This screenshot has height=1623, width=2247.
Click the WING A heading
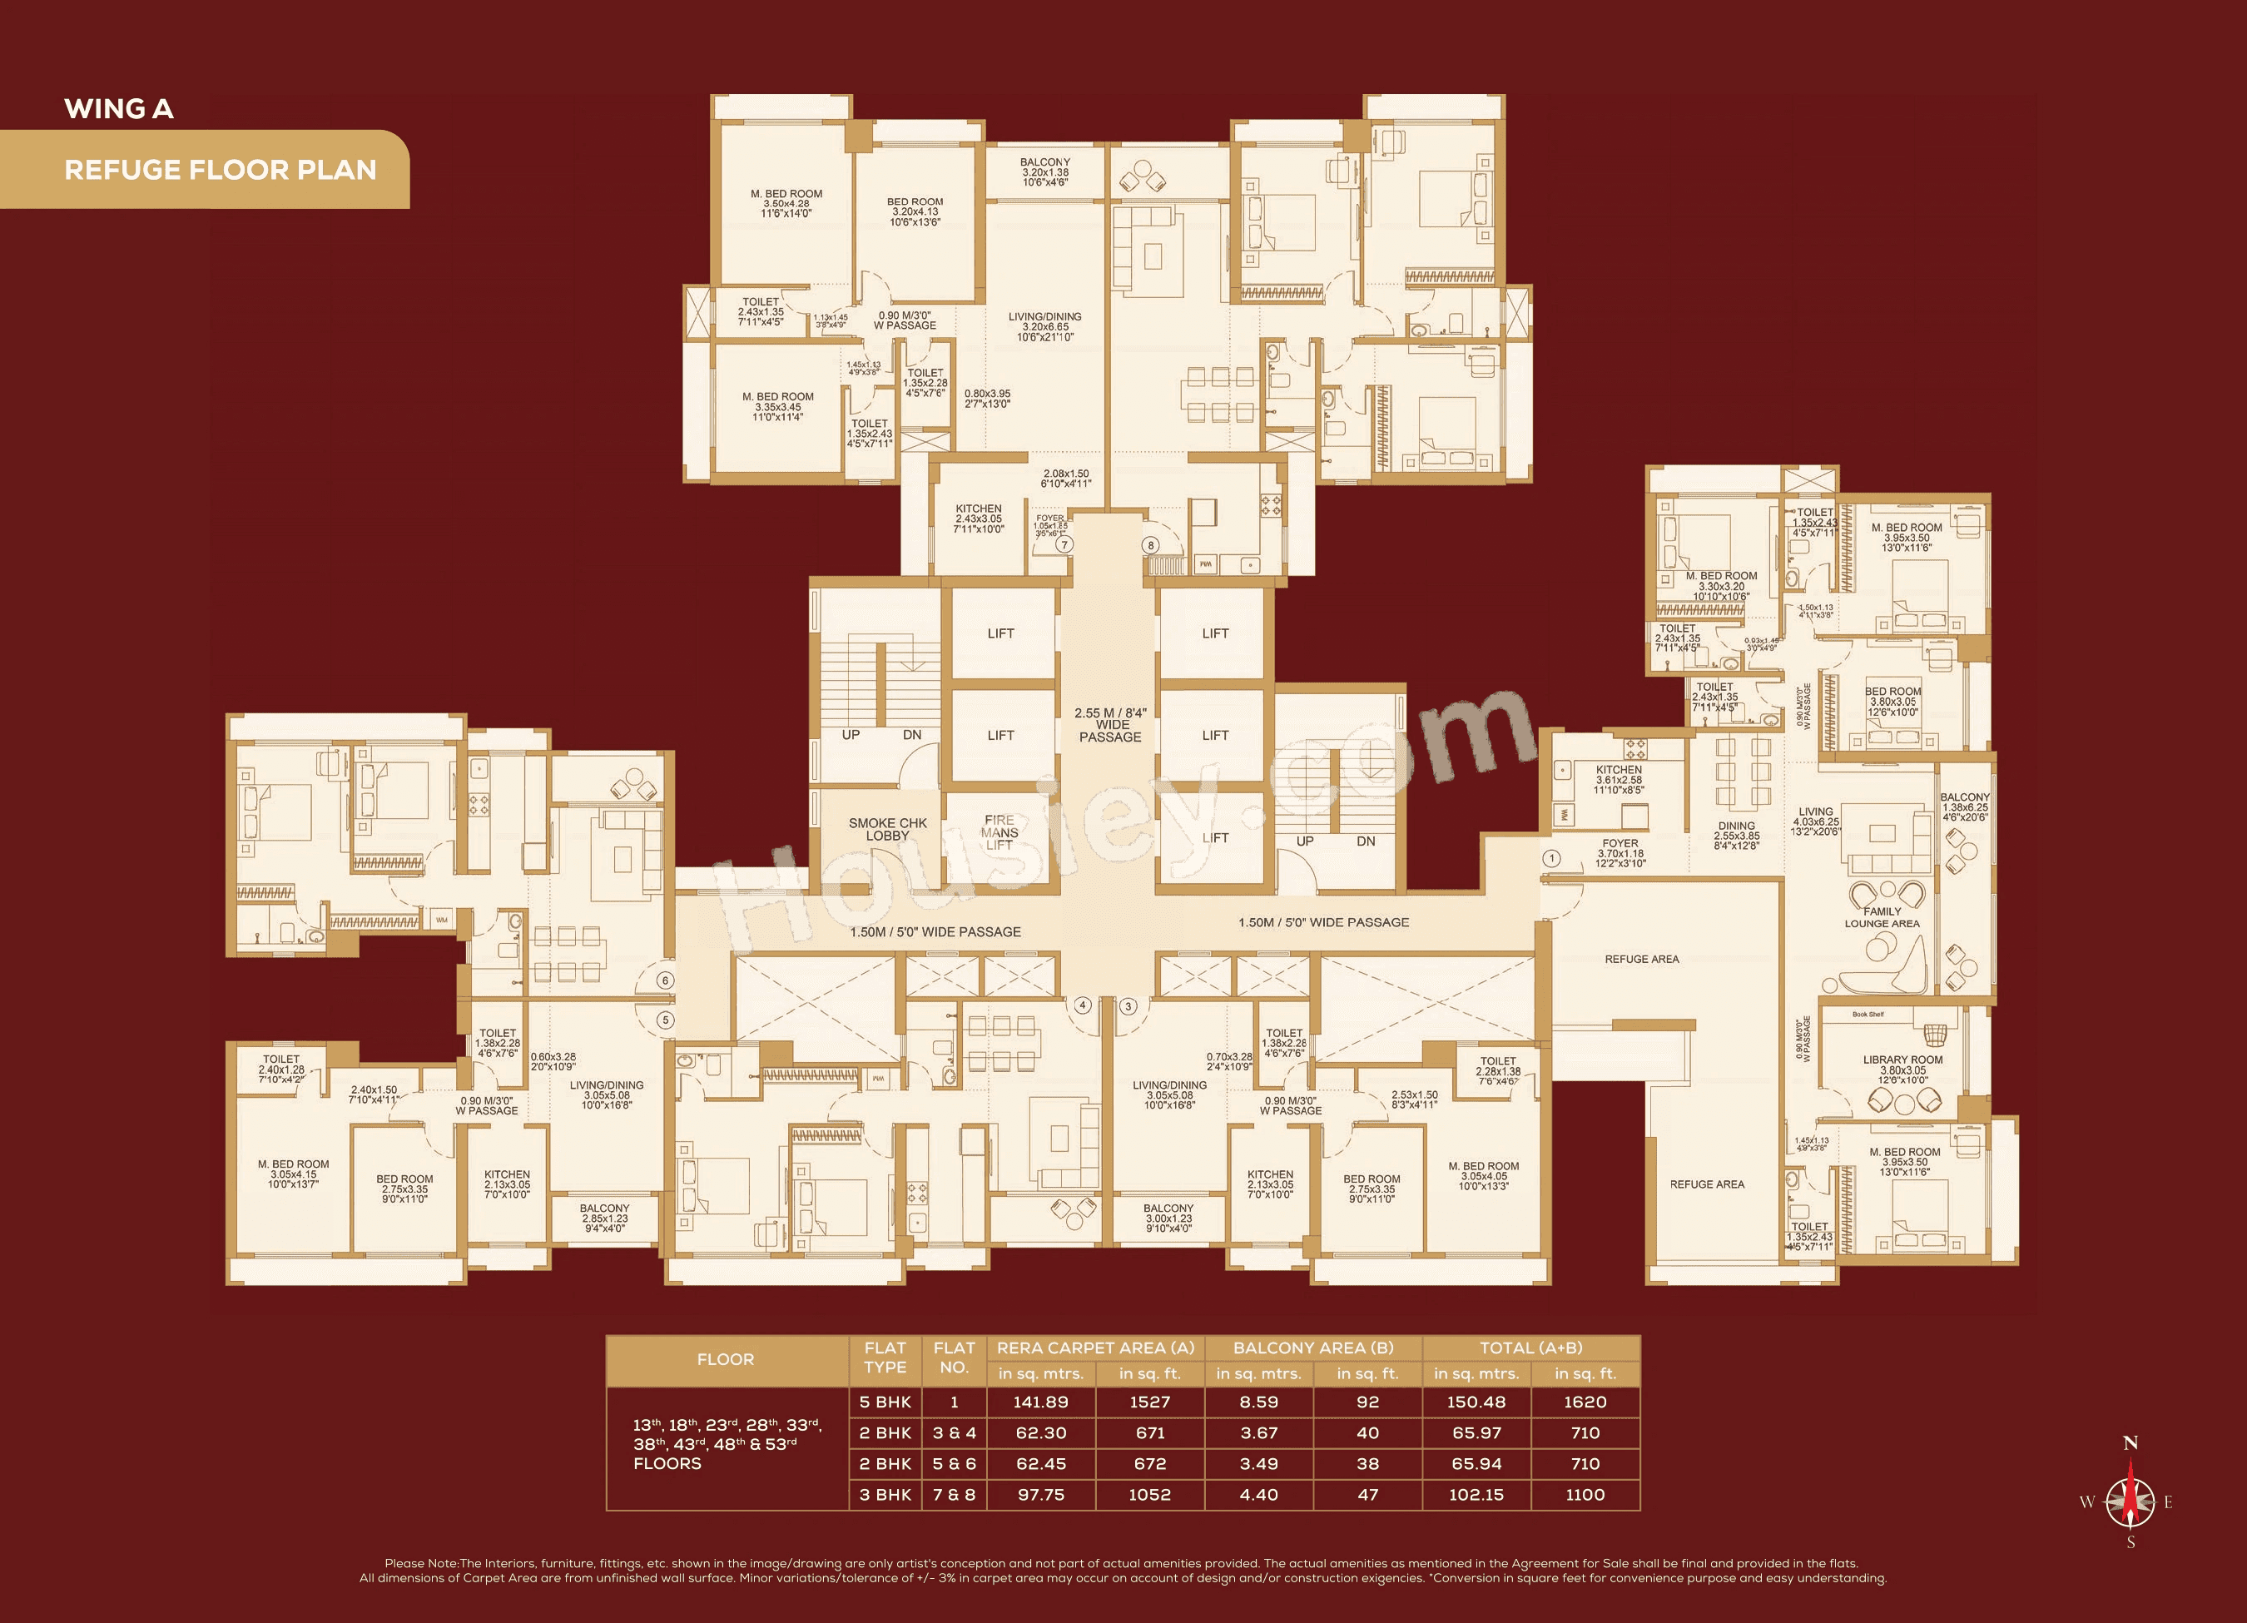119,109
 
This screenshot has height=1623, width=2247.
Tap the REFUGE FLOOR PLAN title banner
220,170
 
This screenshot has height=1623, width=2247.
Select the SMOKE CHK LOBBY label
888,829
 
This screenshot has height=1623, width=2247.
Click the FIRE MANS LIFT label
999,832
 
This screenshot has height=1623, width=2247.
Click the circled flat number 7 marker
1064,544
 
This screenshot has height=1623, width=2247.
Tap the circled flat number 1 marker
1551,858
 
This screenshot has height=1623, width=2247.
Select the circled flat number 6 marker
666,980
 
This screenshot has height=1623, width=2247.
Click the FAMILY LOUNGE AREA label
1882,917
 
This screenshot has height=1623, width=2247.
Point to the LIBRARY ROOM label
1902,1070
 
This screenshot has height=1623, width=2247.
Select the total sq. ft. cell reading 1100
1585,1494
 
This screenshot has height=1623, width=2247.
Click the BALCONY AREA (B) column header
1312,1348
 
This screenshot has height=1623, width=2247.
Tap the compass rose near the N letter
2130,1501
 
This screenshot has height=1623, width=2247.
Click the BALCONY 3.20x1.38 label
1045,171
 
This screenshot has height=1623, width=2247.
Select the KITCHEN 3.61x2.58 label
1619,780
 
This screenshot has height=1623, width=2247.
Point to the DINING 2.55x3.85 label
1737,836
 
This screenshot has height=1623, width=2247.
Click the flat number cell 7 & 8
954,1494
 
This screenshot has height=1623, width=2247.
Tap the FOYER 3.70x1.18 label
1621,853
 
